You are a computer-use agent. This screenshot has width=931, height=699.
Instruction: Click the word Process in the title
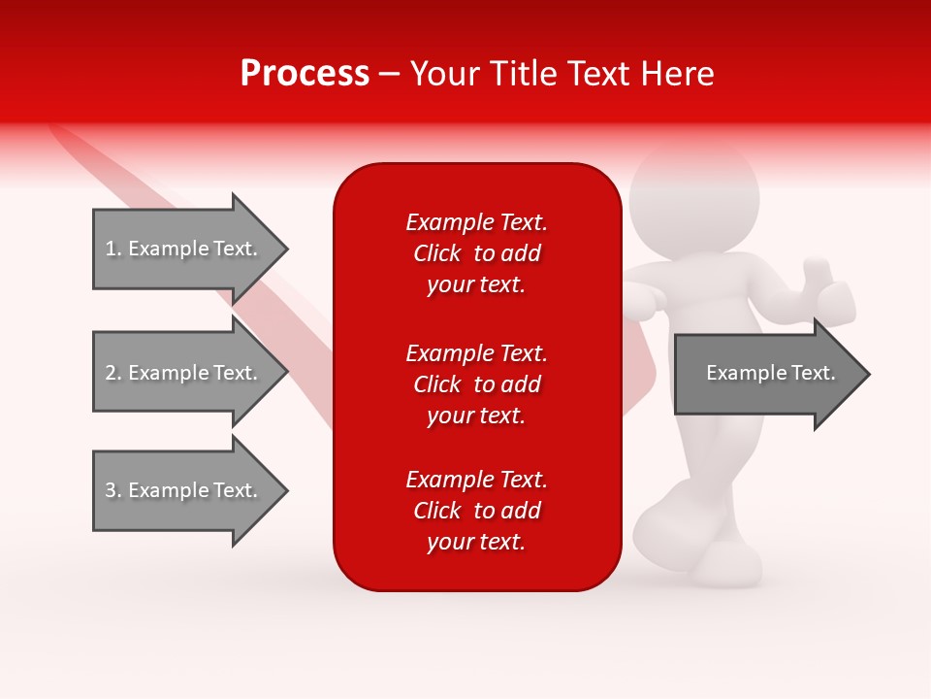click(305, 74)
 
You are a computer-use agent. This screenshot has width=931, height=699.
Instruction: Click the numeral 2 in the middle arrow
click(111, 373)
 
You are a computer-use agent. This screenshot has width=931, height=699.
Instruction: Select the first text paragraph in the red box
click(476, 253)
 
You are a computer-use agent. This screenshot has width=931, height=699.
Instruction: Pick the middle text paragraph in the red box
click(476, 384)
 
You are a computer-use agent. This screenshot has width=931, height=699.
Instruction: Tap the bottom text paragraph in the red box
click(476, 511)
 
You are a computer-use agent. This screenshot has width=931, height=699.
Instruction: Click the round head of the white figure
click(692, 199)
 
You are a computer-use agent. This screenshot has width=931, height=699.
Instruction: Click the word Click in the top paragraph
click(436, 253)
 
